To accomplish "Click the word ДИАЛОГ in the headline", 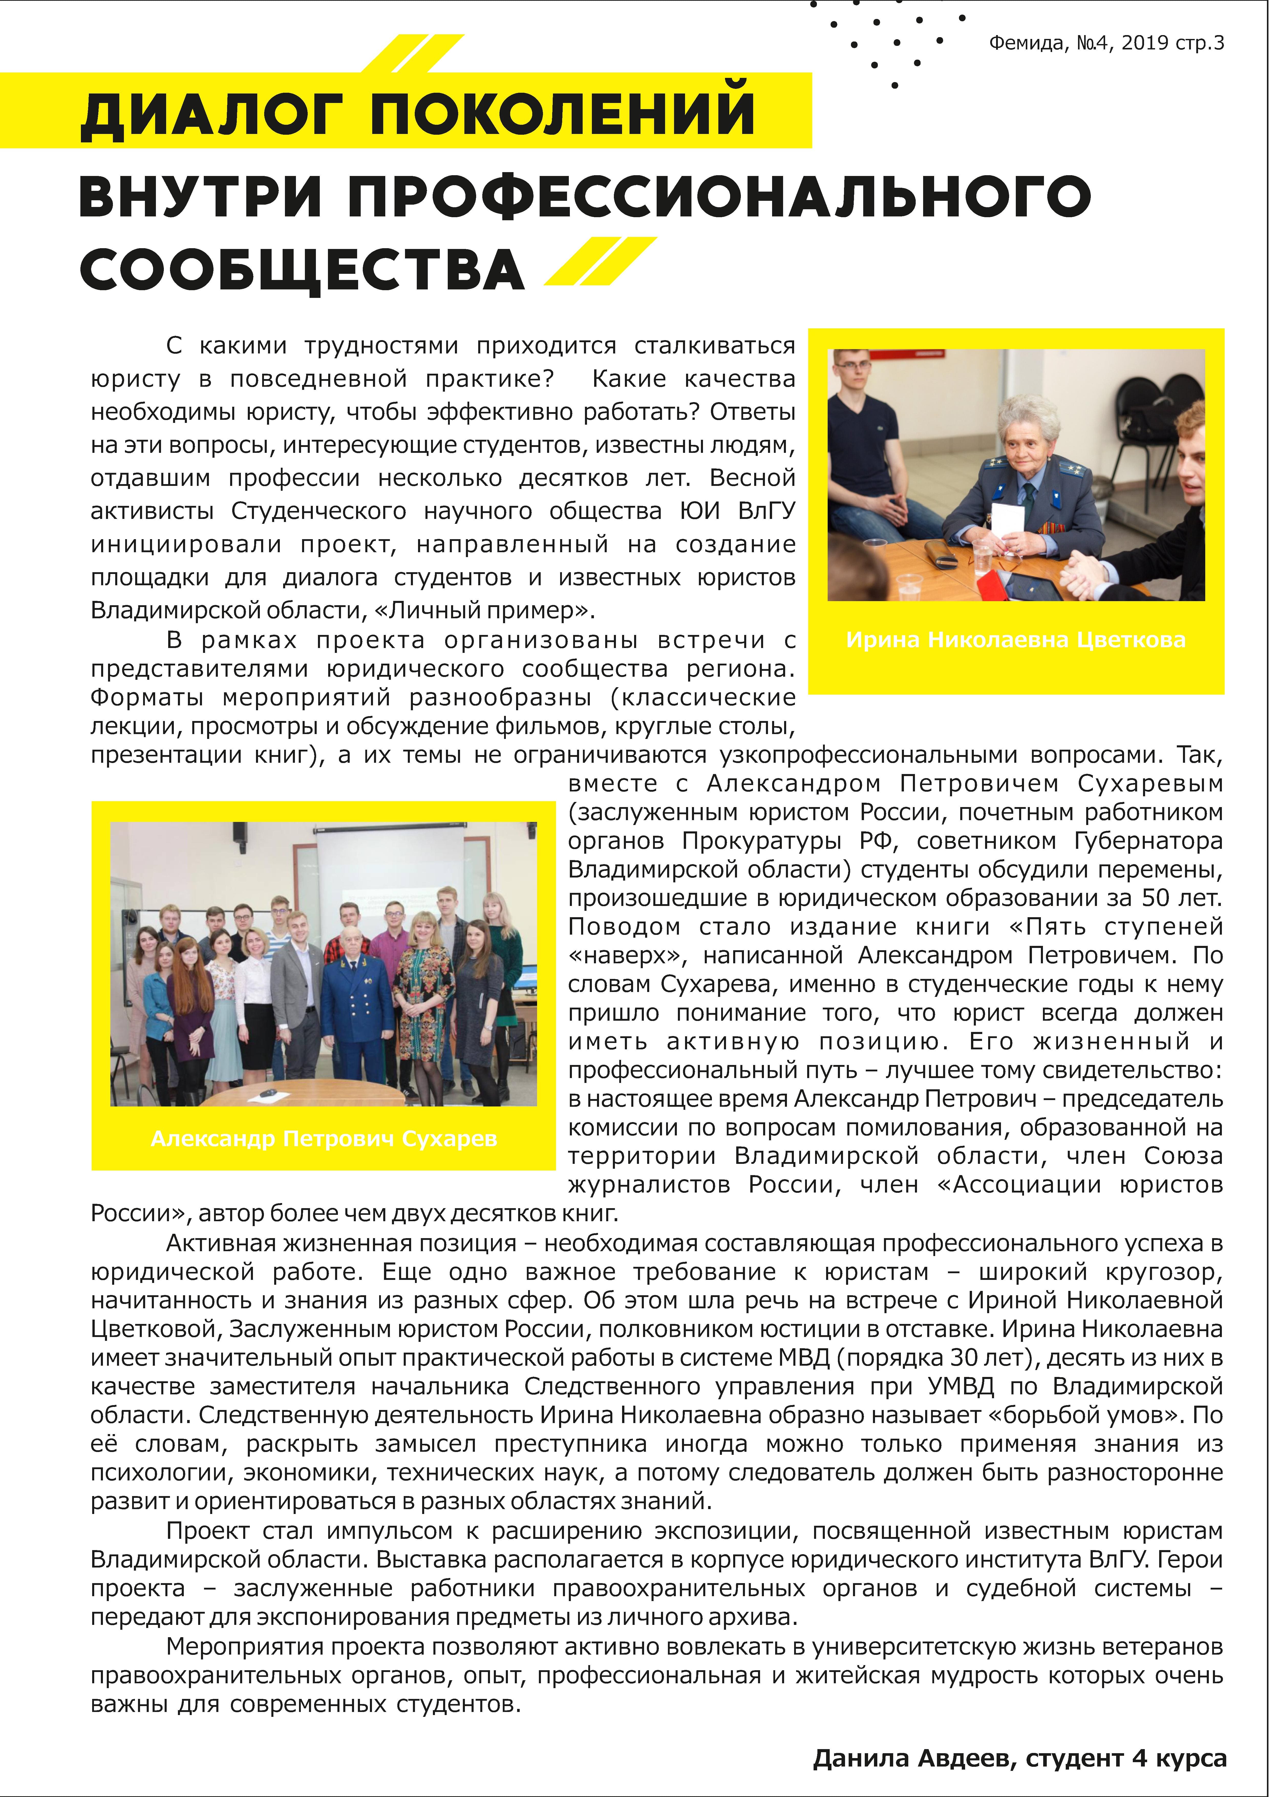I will (x=211, y=114).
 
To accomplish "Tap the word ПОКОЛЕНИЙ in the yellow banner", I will (x=562, y=114).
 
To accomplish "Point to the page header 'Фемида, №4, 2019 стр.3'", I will (x=1106, y=43).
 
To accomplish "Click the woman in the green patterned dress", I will (x=423, y=1010).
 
